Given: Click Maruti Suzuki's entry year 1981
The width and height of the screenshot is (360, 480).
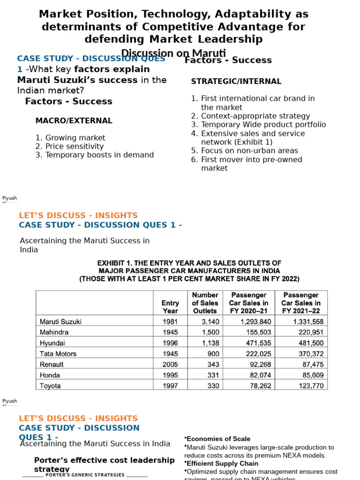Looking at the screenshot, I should coord(170,322).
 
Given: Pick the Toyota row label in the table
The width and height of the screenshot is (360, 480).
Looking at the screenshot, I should coord(50,386).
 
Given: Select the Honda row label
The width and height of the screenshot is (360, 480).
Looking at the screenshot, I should coord(50,375).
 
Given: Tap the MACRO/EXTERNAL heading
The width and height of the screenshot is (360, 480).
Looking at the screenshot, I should coord(74,121).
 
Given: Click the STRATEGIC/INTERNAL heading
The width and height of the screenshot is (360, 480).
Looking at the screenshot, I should coord(236,82).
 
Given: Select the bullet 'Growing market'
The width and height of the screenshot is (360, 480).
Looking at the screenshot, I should coord(75,138).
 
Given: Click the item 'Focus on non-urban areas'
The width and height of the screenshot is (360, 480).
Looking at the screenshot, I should coord(249,151).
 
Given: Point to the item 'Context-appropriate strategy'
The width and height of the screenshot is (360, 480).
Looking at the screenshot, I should coord(255,116).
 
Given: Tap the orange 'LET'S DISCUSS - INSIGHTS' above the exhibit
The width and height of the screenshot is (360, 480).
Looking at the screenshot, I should coord(78,216).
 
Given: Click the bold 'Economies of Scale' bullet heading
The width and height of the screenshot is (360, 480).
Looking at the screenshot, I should coord(218,439).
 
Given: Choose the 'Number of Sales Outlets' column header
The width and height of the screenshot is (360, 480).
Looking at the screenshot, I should coord(205,303).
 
